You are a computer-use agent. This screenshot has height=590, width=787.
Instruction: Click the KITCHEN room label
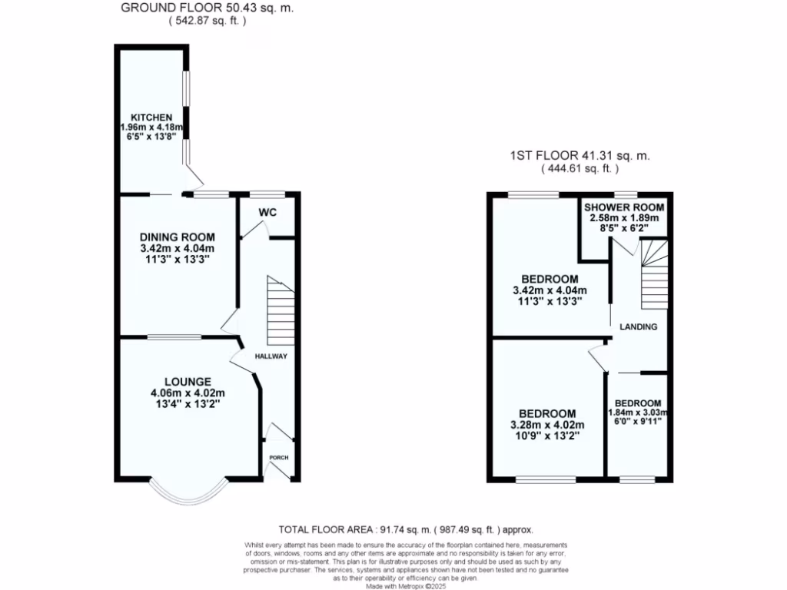click(x=151, y=118)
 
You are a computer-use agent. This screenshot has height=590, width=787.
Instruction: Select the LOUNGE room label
click(x=188, y=381)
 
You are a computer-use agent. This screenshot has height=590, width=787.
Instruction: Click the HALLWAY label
click(x=271, y=356)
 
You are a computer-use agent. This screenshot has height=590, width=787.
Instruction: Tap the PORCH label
click(x=278, y=458)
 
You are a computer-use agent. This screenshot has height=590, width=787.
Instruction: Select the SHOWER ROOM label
click(x=624, y=207)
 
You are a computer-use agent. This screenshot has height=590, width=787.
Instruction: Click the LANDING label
click(x=639, y=326)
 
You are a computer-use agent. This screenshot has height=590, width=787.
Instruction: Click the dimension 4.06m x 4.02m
click(x=188, y=393)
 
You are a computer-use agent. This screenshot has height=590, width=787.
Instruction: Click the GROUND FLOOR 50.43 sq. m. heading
click(x=208, y=8)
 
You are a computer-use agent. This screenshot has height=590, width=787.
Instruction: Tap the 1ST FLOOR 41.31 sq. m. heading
click(x=579, y=155)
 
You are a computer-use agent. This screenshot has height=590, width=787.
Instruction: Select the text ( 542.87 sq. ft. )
click(x=208, y=22)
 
